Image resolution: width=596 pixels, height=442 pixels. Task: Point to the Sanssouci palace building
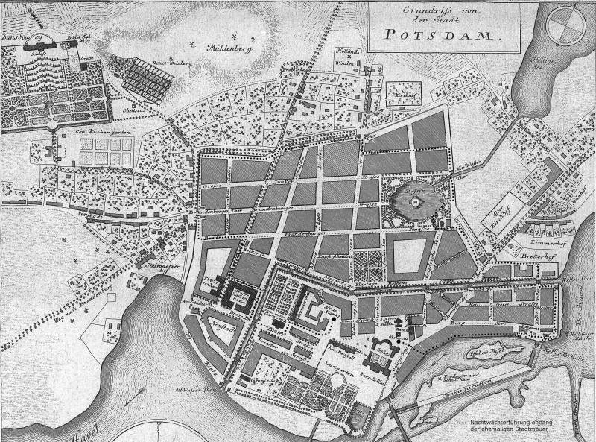tap(36, 44)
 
